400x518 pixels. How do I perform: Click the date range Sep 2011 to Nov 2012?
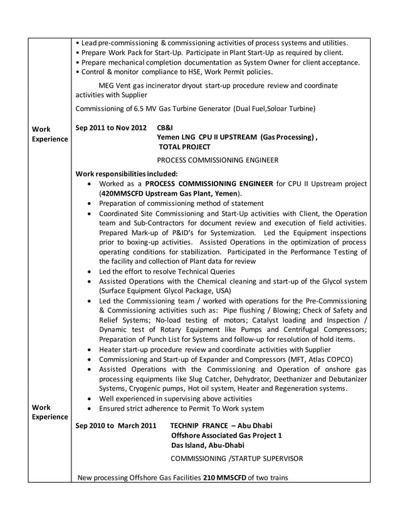[x=111, y=127]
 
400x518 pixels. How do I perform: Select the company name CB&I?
[x=165, y=127]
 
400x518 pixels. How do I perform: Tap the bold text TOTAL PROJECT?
[x=184, y=147]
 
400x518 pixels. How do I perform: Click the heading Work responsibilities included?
[x=126, y=174]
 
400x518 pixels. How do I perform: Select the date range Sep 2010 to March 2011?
[x=116, y=426]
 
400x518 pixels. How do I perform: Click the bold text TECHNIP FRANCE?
[x=197, y=426]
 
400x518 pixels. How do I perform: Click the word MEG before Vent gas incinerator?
[x=107, y=85]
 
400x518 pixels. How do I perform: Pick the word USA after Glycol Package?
[x=223, y=291]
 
